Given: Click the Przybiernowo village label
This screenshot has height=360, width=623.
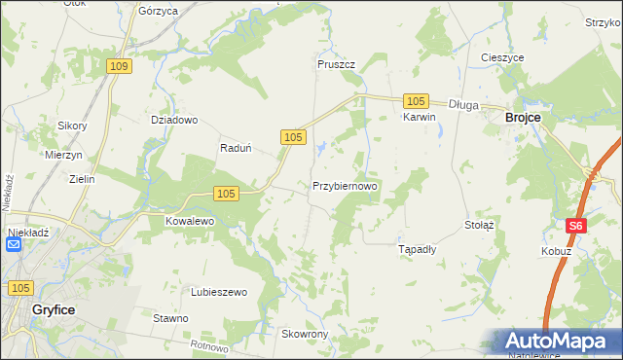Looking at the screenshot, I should pos(345,185).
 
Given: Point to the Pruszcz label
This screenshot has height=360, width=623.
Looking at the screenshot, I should pos(336,64).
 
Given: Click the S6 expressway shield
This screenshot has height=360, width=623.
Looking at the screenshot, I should pos(576,226).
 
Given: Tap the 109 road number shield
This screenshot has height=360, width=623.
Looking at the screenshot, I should pos(119,66).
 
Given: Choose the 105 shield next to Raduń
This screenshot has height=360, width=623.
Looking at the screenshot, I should pos(293,138).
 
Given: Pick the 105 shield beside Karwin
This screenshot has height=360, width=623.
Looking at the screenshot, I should pos(416,101).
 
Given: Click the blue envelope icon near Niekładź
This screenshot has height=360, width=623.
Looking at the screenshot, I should pos(14,245).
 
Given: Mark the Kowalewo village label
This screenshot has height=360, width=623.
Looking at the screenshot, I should pos(189,221).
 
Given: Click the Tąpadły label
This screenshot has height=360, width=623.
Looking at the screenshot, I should pos(419,249).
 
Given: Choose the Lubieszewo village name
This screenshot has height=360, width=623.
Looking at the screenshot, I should pos(219,292).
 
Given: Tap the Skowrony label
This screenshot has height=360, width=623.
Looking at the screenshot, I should pos(305,334).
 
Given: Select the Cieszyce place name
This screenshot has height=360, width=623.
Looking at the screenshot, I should pos(503,57).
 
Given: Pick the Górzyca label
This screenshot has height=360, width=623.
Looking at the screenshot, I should pos(158,11).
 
